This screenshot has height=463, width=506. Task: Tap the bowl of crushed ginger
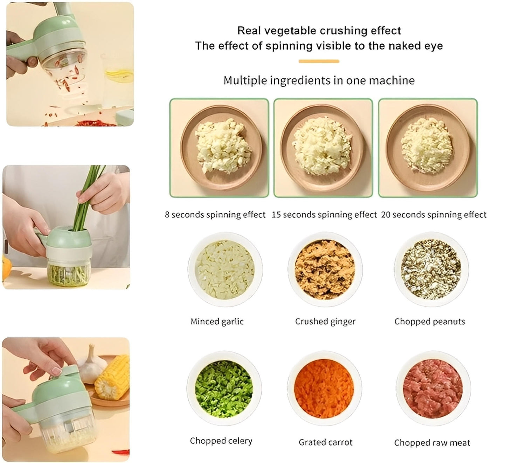(x=325, y=270)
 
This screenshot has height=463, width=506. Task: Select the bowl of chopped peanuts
(x=431, y=270)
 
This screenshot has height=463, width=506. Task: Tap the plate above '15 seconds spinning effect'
(x=323, y=147)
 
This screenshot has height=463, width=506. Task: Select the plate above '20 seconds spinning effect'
(x=428, y=147)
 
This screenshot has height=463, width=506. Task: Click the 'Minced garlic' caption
(x=217, y=321)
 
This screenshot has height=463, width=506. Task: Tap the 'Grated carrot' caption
(x=325, y=442)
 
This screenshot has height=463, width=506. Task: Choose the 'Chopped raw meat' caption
(x=432, y=443)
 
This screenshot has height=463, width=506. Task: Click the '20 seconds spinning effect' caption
(x=434, y=215)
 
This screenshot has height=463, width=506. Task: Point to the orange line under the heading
(x=319, y=62)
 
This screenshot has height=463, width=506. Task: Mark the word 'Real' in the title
(x=249, y=30)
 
